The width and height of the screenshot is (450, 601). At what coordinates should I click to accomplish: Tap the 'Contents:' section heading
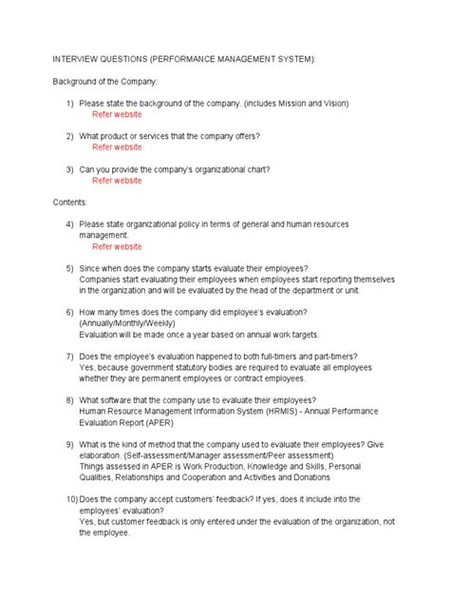[70, 203]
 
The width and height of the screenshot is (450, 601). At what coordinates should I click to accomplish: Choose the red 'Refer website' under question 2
[117, 147]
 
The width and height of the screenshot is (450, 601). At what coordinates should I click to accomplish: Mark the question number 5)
[71, 268]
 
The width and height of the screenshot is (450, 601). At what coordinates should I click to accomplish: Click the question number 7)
[71, 357]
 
